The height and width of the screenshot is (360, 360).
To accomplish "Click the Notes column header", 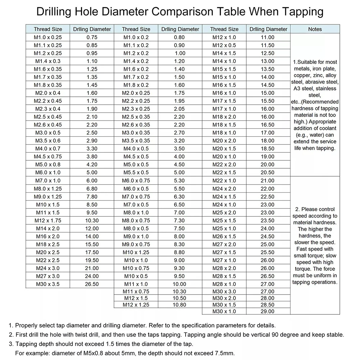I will (315, 29).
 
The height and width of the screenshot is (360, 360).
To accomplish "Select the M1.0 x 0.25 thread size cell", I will (48, 37).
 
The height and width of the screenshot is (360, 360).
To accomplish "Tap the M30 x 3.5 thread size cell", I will (48, 284).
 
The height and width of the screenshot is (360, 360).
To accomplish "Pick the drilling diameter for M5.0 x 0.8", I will (92, 165).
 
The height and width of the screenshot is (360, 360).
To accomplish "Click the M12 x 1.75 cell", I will (48, 220).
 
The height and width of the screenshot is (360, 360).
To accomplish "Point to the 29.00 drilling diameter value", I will (268, 311).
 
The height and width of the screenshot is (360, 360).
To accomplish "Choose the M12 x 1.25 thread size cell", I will (136, 305).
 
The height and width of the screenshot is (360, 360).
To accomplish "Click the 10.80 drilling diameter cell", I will (179, 305).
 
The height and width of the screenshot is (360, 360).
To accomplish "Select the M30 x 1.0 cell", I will (224, 311).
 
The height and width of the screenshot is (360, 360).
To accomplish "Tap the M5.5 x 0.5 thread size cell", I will (136, 173).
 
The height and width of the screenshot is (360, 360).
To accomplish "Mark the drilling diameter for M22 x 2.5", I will (92, 260).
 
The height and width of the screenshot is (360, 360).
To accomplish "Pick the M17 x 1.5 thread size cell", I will (224, 101).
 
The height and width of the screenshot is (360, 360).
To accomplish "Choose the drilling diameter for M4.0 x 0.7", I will (92, 149).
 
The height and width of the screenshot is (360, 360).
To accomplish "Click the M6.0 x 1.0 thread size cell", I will (48, 173).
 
